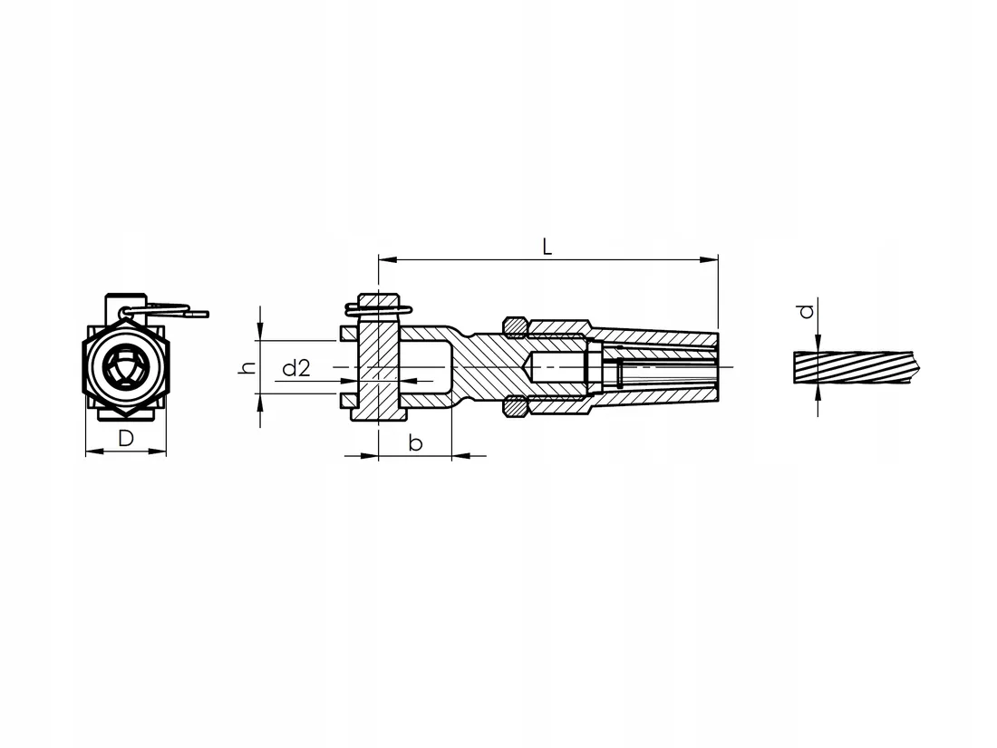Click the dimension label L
point(547,247)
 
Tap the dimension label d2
point(296,367)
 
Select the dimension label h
point(247,367)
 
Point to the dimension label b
point(415,442)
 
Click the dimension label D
point(126,438)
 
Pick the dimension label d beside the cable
point(807,311)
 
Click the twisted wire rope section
point(857,367)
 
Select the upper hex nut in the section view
point(515,325)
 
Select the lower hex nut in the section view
point(515,407)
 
